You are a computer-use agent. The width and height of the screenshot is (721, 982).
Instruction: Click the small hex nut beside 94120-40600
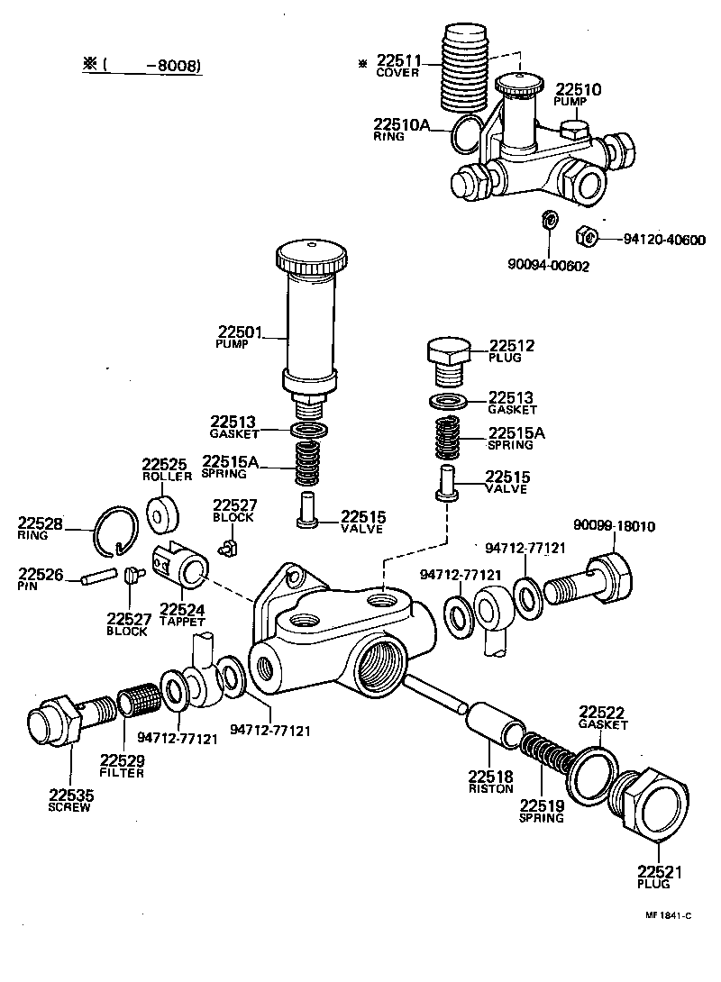click(x=585, y=237)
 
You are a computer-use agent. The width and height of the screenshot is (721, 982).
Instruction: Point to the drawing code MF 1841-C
click(x=667, y=915)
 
